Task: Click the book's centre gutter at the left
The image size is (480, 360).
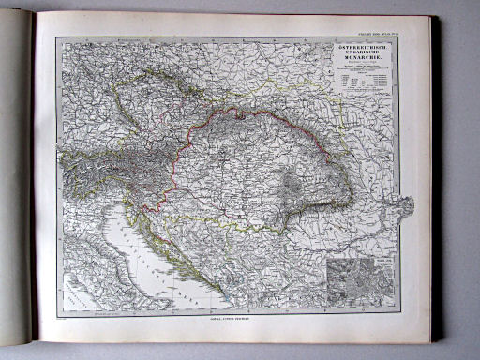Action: pos(35,187)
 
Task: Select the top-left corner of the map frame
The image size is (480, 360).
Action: pos(56,37)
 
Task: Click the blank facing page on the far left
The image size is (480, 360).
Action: pos(15,187)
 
